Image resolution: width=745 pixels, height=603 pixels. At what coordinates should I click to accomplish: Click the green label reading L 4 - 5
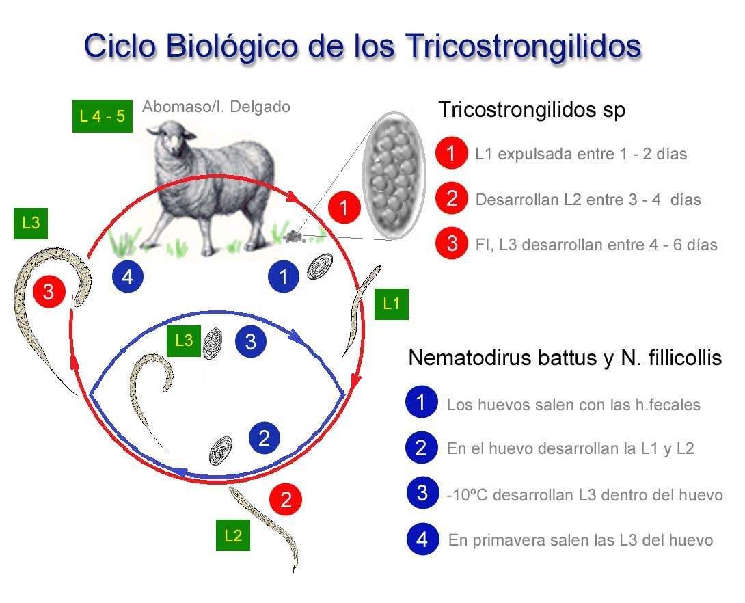[102, 116]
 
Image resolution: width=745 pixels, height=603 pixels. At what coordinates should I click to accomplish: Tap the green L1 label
[391, 304]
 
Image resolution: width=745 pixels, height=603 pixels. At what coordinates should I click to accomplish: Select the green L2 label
[233, 535]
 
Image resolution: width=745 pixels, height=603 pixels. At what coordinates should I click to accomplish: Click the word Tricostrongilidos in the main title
[524, 45]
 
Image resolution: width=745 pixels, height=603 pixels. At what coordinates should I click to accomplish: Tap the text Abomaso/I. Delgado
[216, 107]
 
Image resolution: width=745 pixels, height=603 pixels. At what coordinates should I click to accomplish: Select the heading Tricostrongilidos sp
[531, 109]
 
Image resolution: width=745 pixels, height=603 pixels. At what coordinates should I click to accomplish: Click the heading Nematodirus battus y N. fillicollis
[565, 358]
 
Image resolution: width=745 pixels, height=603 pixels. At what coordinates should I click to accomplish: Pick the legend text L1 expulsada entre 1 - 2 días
[581, 154]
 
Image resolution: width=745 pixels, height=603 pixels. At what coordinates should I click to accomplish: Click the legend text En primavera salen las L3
[580, 540]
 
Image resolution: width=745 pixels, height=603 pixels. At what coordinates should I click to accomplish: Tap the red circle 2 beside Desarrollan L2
[452, 199]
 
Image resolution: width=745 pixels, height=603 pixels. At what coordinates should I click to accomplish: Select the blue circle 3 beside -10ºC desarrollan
[422, 493]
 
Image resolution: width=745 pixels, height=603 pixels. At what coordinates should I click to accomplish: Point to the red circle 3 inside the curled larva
[49, 292]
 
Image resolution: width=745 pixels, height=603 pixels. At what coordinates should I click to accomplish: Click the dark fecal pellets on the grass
[295, 237]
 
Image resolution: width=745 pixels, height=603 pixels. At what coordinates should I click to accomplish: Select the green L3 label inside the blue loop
[184, 340]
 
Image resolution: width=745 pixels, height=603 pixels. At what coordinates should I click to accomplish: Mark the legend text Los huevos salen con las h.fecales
[573, 404]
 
